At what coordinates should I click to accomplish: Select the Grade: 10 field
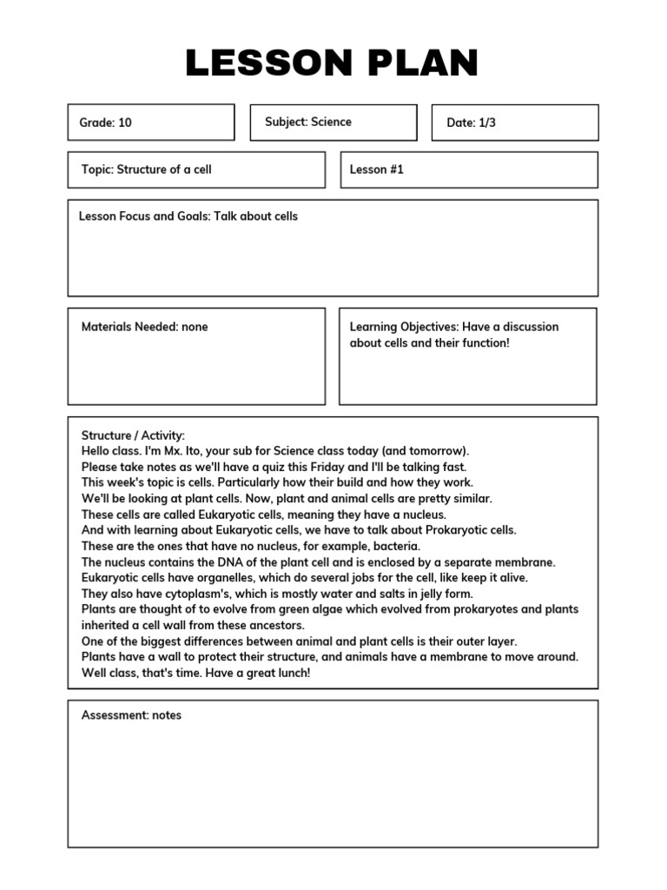point(106,123)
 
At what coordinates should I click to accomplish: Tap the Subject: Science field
point(308,122)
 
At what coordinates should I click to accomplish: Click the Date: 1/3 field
point(472,123)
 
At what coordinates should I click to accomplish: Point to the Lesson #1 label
point(377,169)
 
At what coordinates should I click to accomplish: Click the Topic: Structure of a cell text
point(146,169)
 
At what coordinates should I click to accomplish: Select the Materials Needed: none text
point(144,327)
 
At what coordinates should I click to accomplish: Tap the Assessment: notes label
point(131,715)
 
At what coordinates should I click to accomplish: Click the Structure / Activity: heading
point(133,435)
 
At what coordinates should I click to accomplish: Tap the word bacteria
point(396,546)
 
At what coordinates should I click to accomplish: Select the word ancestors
point(275,625)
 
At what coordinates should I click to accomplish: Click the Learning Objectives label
point(404,327)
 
